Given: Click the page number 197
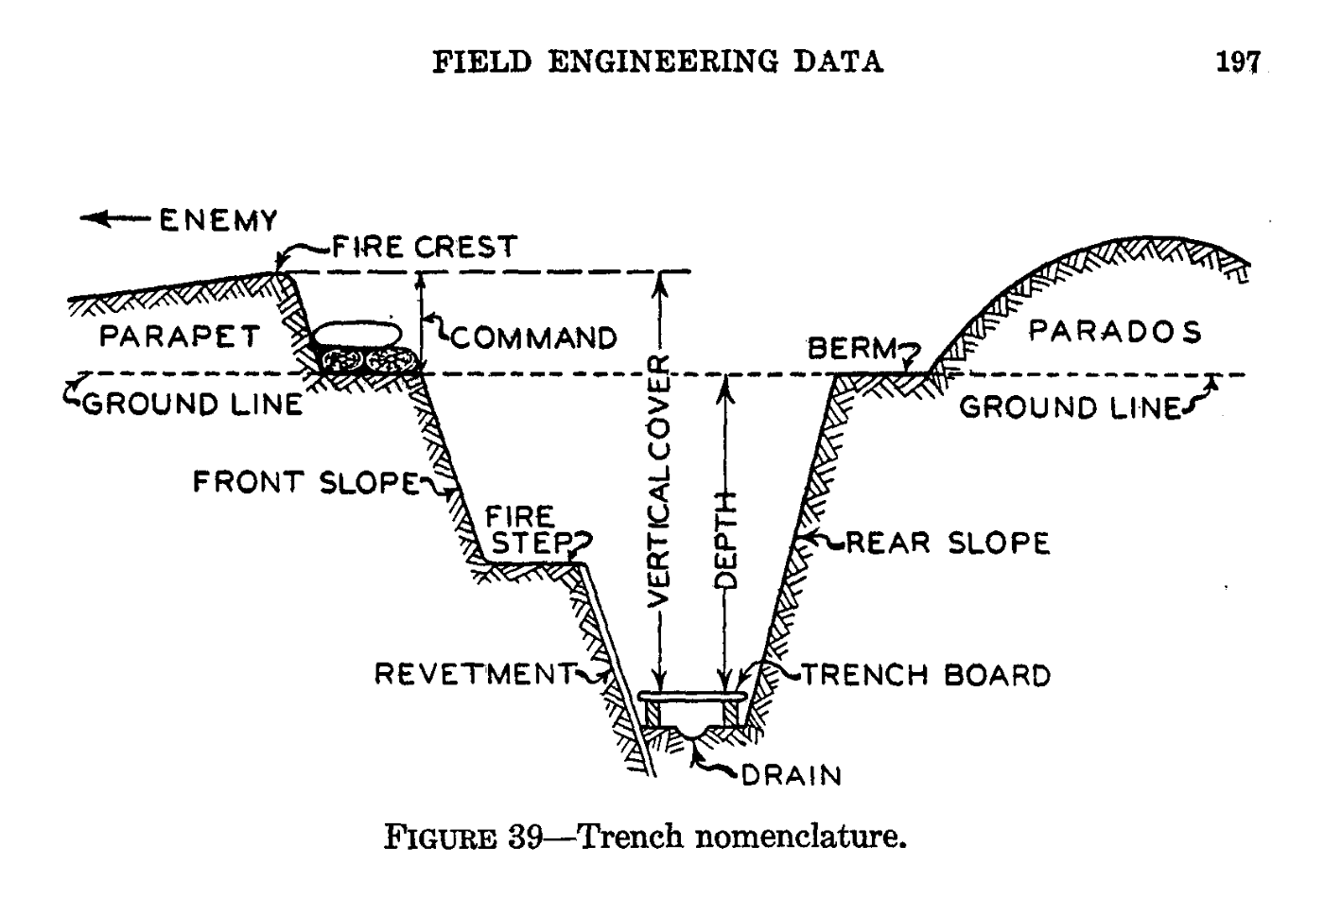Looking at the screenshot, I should coord(1238,62).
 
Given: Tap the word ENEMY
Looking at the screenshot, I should coord(218,221).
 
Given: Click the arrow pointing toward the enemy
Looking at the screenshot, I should coord(113,219).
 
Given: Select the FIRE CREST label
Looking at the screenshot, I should coord(424,248).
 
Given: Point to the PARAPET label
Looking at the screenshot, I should coord(179,336).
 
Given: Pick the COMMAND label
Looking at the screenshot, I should coord(533,337).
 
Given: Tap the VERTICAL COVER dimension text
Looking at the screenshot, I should coord(659,481).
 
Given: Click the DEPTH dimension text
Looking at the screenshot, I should coord(726,539).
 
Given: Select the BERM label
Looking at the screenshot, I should coord(851,350).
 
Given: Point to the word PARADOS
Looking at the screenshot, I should coord(1115,332).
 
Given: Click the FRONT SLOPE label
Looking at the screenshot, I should coord(305,482).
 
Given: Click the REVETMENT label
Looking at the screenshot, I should coord(474,674).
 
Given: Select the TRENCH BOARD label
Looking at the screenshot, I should coord(926,676).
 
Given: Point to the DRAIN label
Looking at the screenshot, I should coord(791,775).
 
